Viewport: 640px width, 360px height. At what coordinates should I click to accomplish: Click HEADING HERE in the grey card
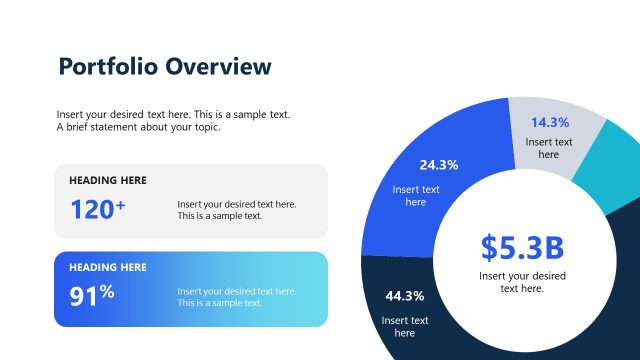click(x=108, y=181)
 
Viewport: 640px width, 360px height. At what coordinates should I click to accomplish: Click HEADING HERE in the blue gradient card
click(x=108, y=268)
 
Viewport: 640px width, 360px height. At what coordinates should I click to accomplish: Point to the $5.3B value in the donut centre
click(x=521, y=247)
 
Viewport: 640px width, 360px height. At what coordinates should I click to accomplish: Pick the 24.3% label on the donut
click(x=438, y=165)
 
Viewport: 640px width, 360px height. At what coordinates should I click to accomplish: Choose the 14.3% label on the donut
click(x=549, y=123)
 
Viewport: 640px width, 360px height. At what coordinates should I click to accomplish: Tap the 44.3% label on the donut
click(x=404, y=296)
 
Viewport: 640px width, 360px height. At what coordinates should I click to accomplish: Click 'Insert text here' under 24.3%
click(x=415, y=195)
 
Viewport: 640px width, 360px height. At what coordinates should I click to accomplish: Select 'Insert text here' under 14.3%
click(x=549, y=148)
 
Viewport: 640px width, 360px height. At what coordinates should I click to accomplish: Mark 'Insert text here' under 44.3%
click(x=404, y=326)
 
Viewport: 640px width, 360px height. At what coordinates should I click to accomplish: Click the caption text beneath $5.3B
click(x=521, y=281)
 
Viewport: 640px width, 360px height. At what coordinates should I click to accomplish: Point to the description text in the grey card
click(x=236, y=210)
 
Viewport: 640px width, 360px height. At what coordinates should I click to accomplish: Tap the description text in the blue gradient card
click(x=236, y=297)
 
